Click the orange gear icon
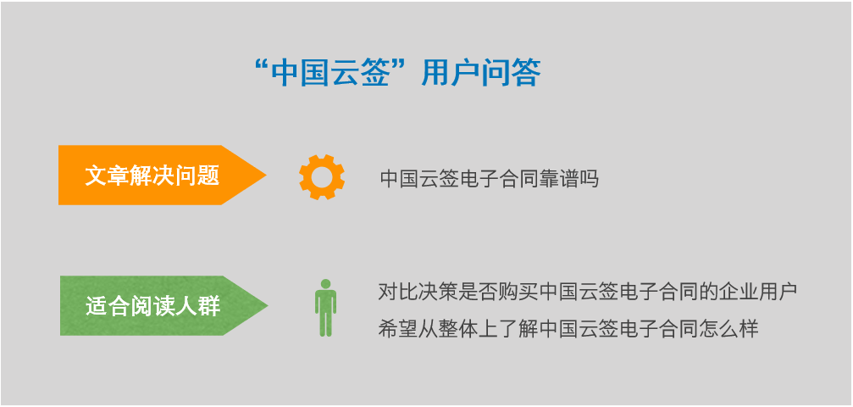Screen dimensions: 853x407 pos(322,177)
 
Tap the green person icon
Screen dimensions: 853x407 pos(325,308)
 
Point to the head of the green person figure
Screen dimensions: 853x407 pos(325,284)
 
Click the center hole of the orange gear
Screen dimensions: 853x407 pos(322,177)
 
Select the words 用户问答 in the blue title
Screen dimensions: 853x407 pos(481,73)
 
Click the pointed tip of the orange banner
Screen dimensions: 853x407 pos(266,175)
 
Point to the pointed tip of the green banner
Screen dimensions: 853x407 pos(268,305)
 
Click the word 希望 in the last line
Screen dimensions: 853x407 pos(396,329)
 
